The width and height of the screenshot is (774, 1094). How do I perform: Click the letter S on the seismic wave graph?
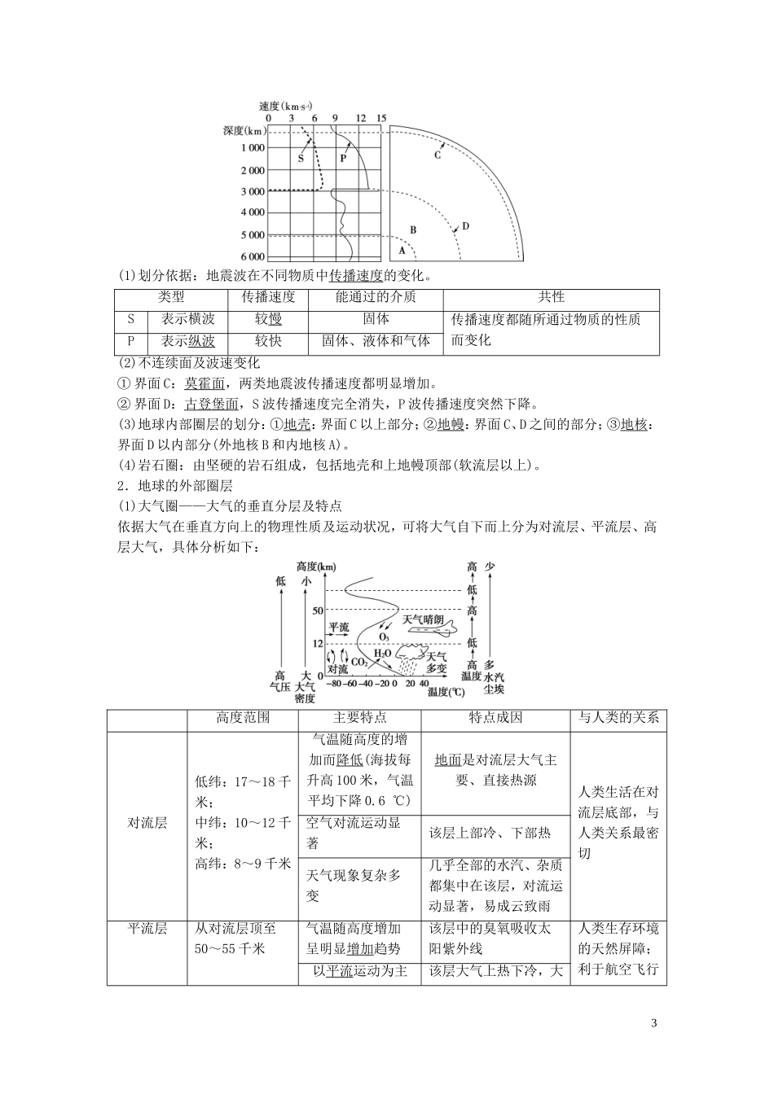click(x=301, y=159)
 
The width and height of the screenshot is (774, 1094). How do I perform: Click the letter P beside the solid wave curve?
click(x=343, y=159)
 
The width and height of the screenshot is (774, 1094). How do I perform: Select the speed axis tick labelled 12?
click(x=361, y=119)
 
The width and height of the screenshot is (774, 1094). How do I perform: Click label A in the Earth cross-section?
click(x=402, y=252)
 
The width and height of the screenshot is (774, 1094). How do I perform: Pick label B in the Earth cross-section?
click(x=413, y=230)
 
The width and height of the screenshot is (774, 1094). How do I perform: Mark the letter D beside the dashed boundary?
click(x=465, y=226)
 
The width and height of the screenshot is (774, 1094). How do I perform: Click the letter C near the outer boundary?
click(x=437, y=155)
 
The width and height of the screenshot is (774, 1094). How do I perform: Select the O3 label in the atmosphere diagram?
click(x=383, y=636)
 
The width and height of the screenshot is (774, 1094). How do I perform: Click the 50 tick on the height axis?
click(x=318, y=610)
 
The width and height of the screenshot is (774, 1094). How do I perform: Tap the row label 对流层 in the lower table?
click(x=147, y=822)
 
